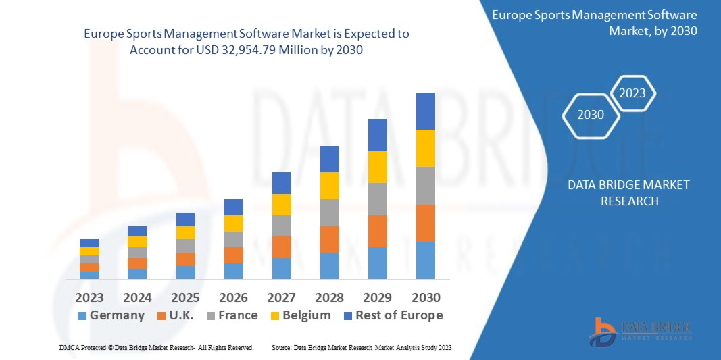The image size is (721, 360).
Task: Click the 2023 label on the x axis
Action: click(89, 297)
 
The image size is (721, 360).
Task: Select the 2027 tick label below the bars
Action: click(281, 297)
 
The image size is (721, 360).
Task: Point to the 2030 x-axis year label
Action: click(425, 297)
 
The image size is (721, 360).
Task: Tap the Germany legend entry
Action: click(111, 315)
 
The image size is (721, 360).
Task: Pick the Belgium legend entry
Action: click(300, 315)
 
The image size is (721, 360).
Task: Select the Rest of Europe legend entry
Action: click(392, 315)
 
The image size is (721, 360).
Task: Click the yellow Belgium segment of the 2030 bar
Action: click(425, 148)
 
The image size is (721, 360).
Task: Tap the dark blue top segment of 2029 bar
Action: click(377, 135)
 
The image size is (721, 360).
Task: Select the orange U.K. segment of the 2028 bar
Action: click(329, 239)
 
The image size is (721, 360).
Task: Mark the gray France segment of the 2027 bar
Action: click(281, 226)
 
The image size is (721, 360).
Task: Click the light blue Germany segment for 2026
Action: click(233, 271)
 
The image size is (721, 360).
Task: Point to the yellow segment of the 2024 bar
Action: click(137, 242)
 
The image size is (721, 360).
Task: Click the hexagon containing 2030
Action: click(591, 115)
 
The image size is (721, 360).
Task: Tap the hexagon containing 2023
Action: click(632, 93)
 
